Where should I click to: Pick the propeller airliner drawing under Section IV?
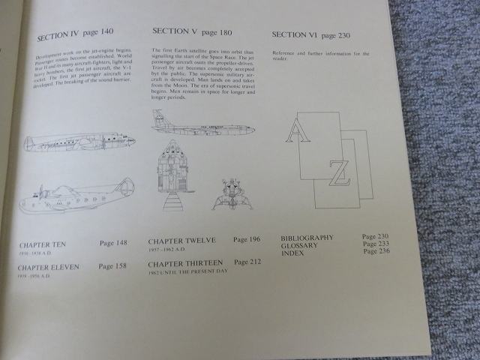[x=79, y=143]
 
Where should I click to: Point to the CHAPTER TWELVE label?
[x=181, y=241]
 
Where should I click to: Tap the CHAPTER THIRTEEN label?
[x=186, y=263]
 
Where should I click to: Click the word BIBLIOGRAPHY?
[x=307, y=238]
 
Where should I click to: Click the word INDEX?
[x=292, y=253]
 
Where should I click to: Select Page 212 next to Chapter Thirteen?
[x=250, y=262]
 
